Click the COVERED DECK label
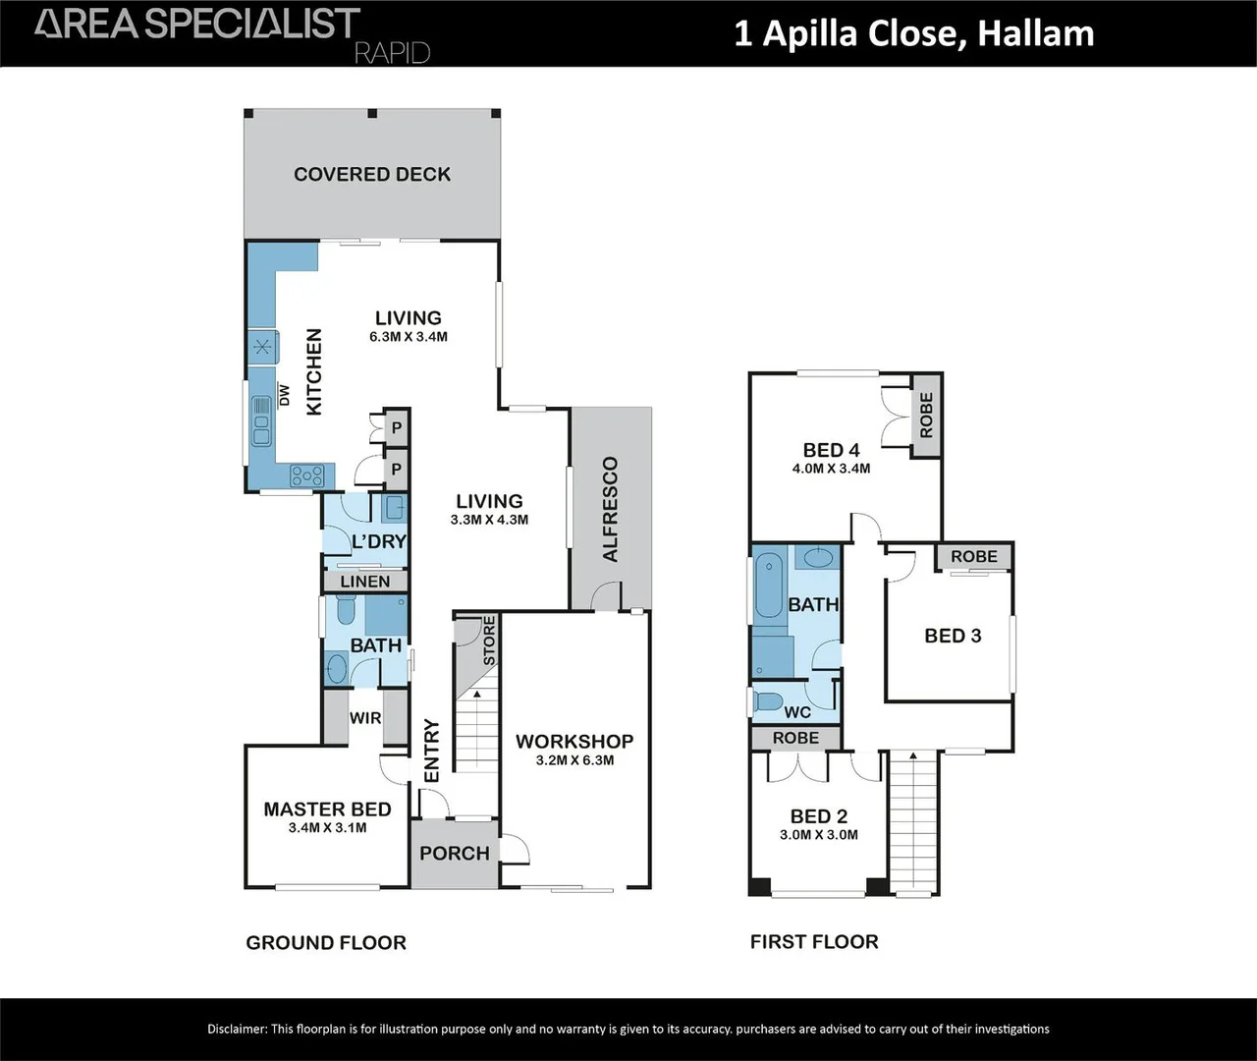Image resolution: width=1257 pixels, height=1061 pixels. (372, 175)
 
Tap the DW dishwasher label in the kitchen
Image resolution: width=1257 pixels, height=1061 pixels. (285, 394)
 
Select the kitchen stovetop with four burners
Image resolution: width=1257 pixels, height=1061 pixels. (307, 476)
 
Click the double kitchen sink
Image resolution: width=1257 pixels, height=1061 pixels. (261, 419)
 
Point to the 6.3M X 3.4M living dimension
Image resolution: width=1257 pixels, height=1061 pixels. (408, 337)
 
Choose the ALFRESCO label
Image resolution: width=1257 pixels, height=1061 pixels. (610, 509)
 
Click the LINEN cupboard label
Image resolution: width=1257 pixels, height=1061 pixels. (365, 582)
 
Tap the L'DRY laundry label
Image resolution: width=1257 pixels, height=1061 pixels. (379, 541)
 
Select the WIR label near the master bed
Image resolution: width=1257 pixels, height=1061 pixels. (365, 718)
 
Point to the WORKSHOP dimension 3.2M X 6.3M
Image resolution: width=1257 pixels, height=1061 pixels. (574, 760)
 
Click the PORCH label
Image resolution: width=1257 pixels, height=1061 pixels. (454, 854)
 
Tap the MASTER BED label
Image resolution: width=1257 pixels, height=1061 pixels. (327, 810)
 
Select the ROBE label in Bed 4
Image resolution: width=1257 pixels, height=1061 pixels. (926, 416)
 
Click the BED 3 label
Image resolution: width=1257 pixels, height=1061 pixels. (953, 636)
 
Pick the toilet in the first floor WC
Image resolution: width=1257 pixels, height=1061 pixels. (766, 703)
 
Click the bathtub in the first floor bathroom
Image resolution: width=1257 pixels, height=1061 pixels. (767, 588)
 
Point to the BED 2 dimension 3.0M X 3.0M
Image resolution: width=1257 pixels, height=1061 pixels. (818, 836)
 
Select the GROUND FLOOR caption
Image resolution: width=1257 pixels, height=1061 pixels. (325, 943)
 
